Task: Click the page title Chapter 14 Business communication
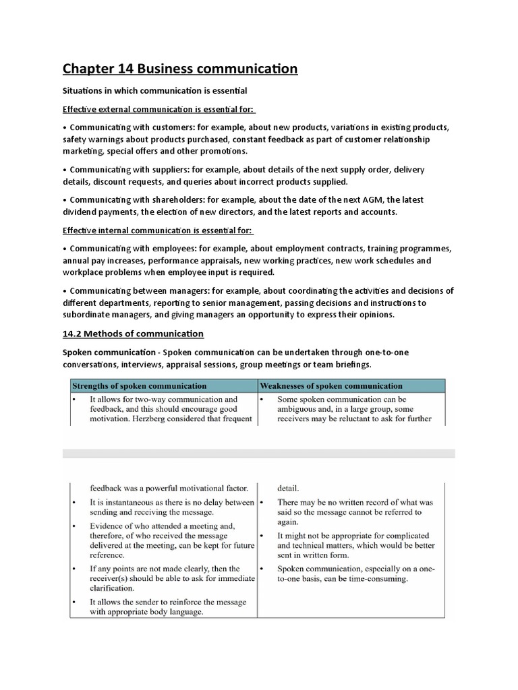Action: pos(180,69)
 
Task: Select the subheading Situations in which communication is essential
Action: pos(154,91)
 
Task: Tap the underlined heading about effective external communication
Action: pos(159,109)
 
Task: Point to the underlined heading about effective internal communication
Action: pos(158,230)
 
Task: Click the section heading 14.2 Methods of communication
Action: pos(133,334)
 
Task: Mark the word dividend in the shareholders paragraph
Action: pos(82,212)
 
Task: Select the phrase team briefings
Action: pos(342,365)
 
